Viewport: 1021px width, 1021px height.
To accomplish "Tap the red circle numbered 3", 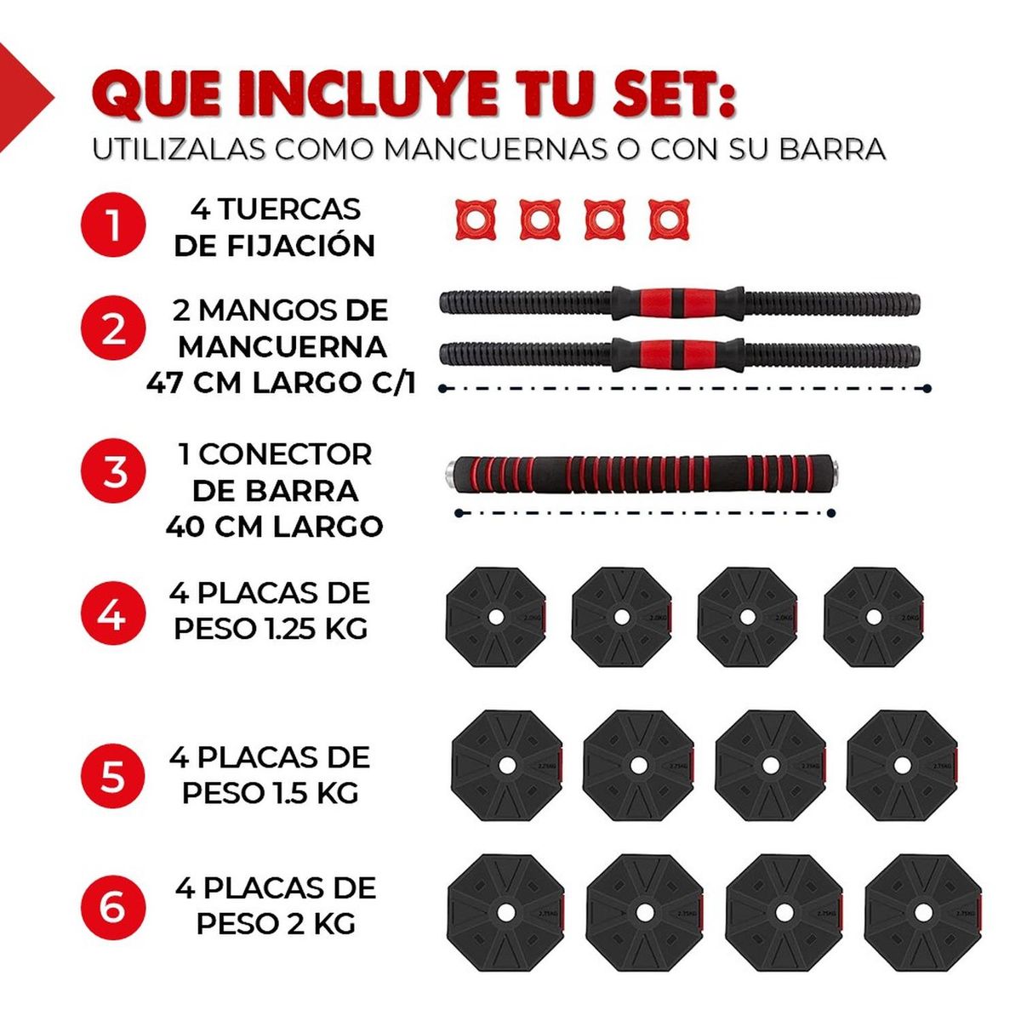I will pyautogui.click(x=113, y=471).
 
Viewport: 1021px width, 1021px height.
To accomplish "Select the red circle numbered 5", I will pyautogui.click(x=113, y=776).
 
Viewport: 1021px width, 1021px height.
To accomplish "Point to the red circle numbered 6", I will pyautogui.click(x=113, y=907).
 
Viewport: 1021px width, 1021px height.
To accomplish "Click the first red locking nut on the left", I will pyautogui.click(x=475, y=220).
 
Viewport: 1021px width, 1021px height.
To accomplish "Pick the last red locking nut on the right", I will pyautogui.click(x=669, y=220).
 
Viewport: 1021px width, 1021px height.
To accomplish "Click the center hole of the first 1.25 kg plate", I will pyautogui.click(x=495, y=617).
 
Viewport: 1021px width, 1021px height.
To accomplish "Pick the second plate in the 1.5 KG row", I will pyautogui.click(x=638, y=766).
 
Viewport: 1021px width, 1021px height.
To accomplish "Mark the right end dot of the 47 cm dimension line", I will pyautogui.click(x=927, y=389).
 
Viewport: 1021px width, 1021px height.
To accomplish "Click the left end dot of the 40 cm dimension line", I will pyautogui.click(x=459, y=513).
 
